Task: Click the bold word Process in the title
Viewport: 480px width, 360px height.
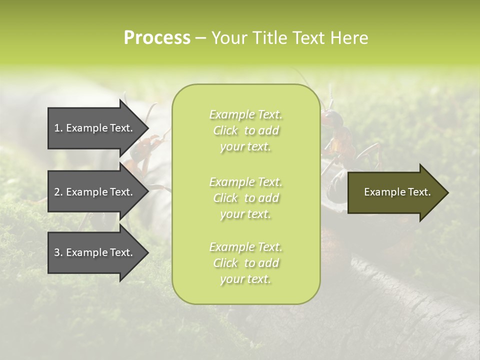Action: tap(157, 38)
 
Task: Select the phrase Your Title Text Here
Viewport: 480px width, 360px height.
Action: tap(290, 38)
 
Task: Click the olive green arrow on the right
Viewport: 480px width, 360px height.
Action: tap(395, 192)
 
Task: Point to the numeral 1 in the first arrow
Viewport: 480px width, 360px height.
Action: tap(57, 128)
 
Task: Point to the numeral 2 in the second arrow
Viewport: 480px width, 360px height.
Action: tap(57, 192)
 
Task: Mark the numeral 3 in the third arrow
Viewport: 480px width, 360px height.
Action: tap(57, 252)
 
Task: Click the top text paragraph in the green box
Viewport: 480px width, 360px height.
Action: tap(245, 130)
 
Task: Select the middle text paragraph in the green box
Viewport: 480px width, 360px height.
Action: tap(245, 198)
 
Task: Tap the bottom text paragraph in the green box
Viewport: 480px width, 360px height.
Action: tap(245, 263)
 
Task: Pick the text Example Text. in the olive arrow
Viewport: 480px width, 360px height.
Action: tap(397, 192)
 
